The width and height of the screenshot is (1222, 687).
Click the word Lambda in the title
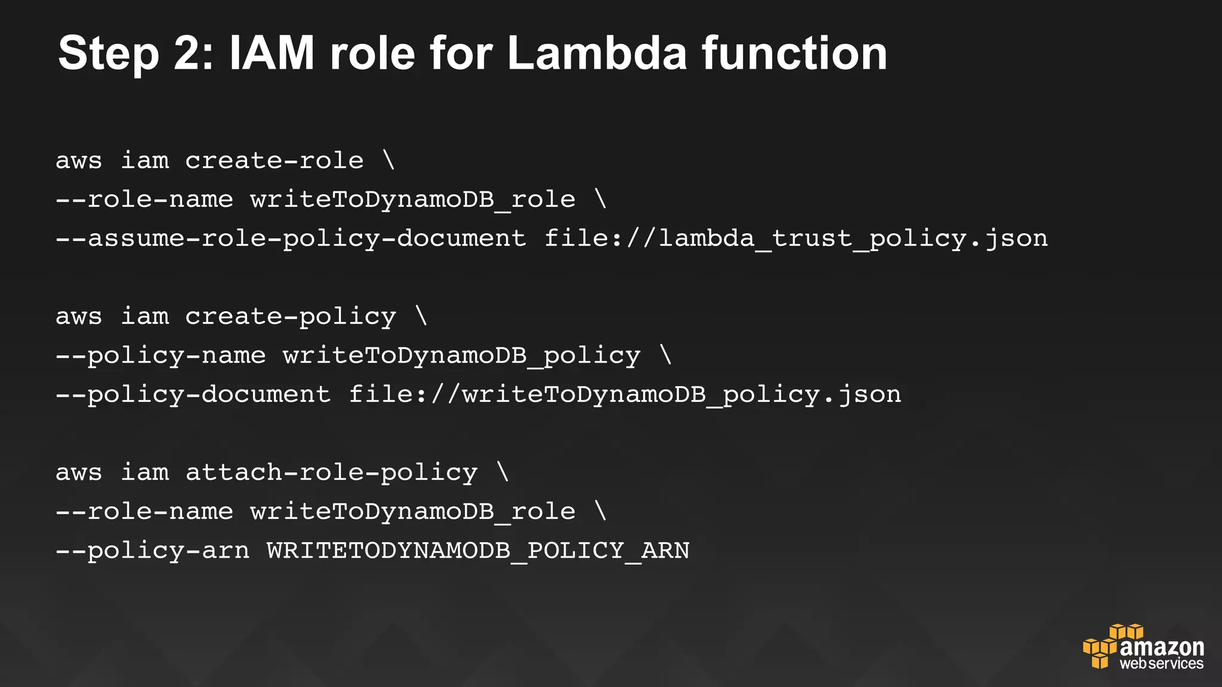coord(597,54)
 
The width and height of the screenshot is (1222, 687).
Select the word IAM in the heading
coord(271,54)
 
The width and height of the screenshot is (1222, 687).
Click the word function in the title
coord(794,54)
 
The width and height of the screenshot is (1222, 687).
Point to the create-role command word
coord(274,160)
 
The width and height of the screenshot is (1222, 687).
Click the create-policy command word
coord(291,317)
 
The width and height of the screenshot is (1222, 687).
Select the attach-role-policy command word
coord(331,473)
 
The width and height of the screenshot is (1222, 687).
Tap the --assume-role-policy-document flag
coord(291,239)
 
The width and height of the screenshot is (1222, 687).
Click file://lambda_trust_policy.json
coord(796,239)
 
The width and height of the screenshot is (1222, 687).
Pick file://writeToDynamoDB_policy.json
coord(625,395)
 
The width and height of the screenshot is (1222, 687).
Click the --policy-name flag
coord(161,356)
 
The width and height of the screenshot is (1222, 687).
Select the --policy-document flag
coord(193,395)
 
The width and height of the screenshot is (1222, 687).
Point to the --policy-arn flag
coord(153,550)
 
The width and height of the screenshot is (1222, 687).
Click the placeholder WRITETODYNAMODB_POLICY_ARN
coord(478,550)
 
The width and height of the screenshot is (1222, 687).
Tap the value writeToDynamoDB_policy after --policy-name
coord(461,356)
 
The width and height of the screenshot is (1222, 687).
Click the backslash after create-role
coord(389,160)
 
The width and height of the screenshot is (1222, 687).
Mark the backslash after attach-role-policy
coord(503,473)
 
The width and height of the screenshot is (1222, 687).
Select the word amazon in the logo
coord(1162,648)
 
